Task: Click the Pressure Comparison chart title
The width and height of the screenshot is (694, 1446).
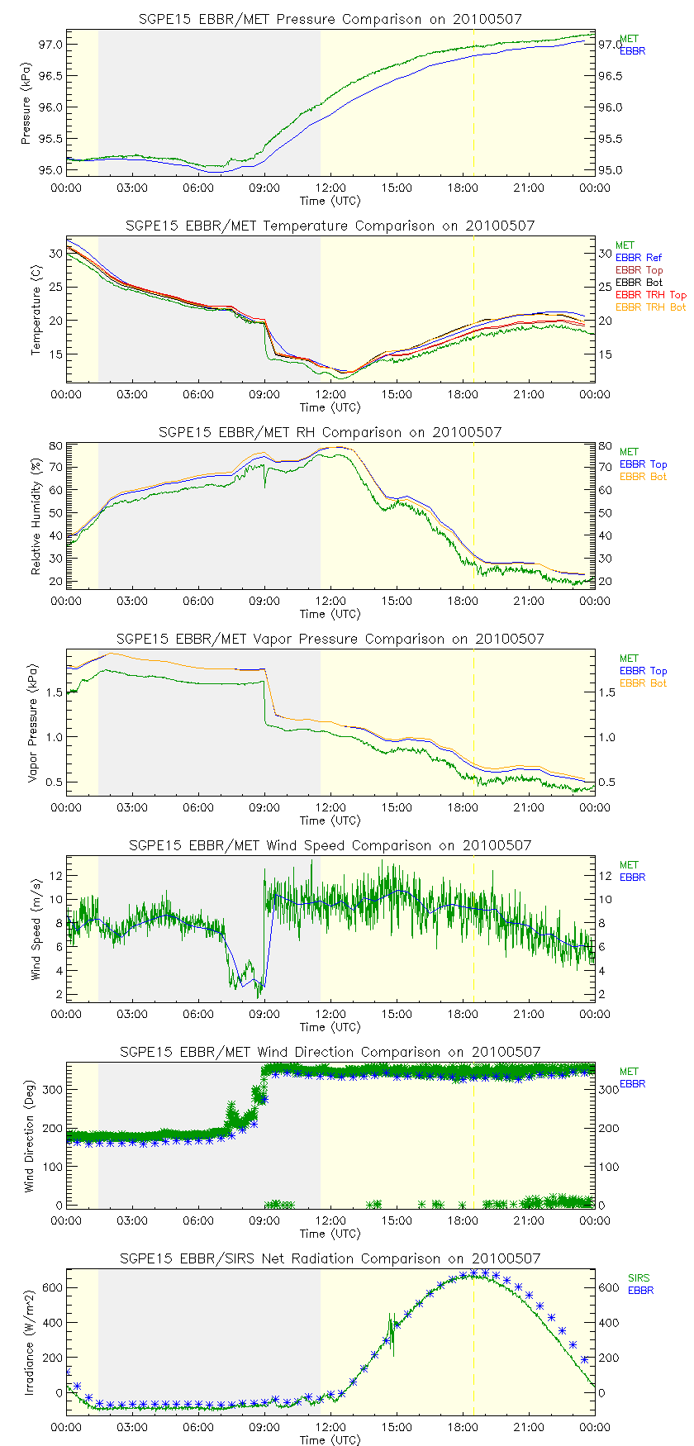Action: pos(330,19)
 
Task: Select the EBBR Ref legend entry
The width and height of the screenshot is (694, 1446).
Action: pos(638,258)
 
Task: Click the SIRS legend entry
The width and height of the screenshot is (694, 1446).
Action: pos(639,1278)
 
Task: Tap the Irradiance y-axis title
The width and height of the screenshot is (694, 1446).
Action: pos(30,1343)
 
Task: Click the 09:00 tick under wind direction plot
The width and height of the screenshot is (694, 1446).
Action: pos(264,1220)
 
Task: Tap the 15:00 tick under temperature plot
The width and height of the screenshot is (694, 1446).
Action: pos(397,394)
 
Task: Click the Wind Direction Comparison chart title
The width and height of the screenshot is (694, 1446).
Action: pos(330,1052)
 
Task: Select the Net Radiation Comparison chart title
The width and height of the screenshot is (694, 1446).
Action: pos(330,1258)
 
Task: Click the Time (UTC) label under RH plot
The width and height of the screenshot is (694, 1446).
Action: pos(330,614)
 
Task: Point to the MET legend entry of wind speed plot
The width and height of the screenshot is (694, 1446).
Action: pos(628,865)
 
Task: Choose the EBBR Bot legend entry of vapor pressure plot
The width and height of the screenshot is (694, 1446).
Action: pos(643,683)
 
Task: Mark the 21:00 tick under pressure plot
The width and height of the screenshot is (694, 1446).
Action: pos(529,188)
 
